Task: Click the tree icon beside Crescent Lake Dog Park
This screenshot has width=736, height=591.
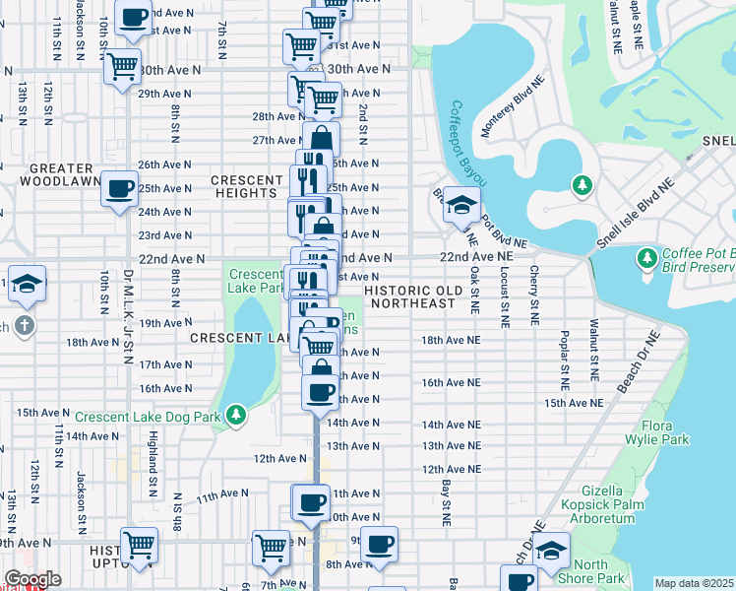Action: coord(234,416)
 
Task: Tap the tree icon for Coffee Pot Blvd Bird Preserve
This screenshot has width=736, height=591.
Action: coord(646,258)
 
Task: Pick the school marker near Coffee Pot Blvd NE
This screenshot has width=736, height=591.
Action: coord(460,206)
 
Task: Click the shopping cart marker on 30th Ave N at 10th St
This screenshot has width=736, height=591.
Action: coord(123,67)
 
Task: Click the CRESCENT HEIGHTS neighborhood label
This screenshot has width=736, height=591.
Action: coord(246,186)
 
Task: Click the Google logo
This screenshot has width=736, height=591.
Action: coord(31,579)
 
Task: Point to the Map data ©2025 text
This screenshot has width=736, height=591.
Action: coord(693,583)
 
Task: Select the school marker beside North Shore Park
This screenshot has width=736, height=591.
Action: coord(551,548)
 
